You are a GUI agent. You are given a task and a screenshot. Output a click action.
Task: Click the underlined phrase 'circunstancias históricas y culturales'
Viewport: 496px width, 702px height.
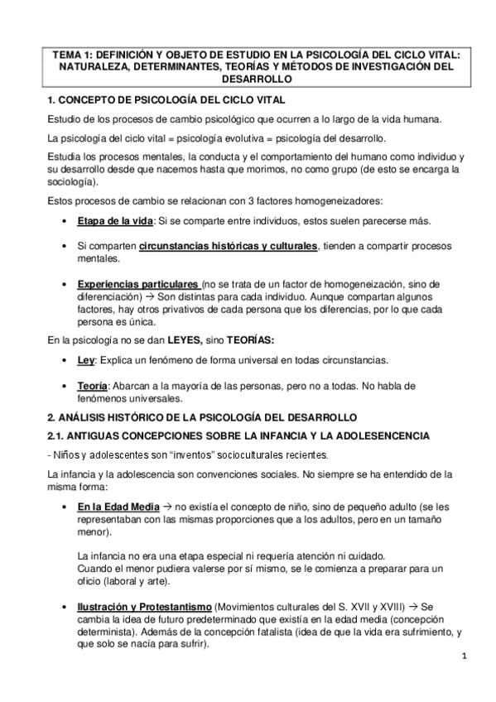pos(229,246)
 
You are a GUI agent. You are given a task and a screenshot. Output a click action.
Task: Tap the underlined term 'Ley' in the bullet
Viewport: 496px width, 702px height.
pos(86,361)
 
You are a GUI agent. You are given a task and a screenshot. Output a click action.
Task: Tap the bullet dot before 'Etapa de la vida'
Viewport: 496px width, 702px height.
pos(65,222)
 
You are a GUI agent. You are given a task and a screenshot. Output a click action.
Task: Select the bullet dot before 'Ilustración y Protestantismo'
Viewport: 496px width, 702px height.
pos(65,607)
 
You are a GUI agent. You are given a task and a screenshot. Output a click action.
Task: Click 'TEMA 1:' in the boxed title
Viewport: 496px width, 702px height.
pos(70,53)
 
